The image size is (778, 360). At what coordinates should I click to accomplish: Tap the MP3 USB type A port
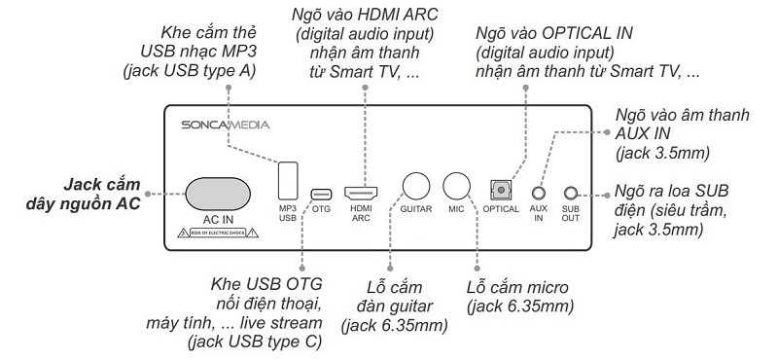coord(288,179)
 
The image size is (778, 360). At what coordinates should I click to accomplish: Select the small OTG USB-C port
coord(321,194)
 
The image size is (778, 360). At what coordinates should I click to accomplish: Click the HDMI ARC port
coord(362,192)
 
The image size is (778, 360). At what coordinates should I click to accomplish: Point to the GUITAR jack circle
coord(417,185)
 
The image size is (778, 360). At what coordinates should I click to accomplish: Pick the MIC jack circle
coord(457,185)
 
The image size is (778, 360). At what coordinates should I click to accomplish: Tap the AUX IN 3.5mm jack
coord(538,195)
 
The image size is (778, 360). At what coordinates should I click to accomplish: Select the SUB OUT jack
coord(572,195)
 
